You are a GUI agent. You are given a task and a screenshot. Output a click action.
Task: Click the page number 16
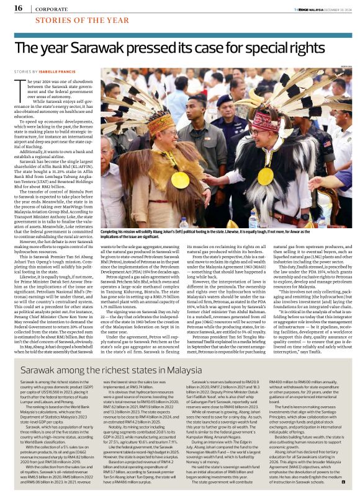coord(18,8)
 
